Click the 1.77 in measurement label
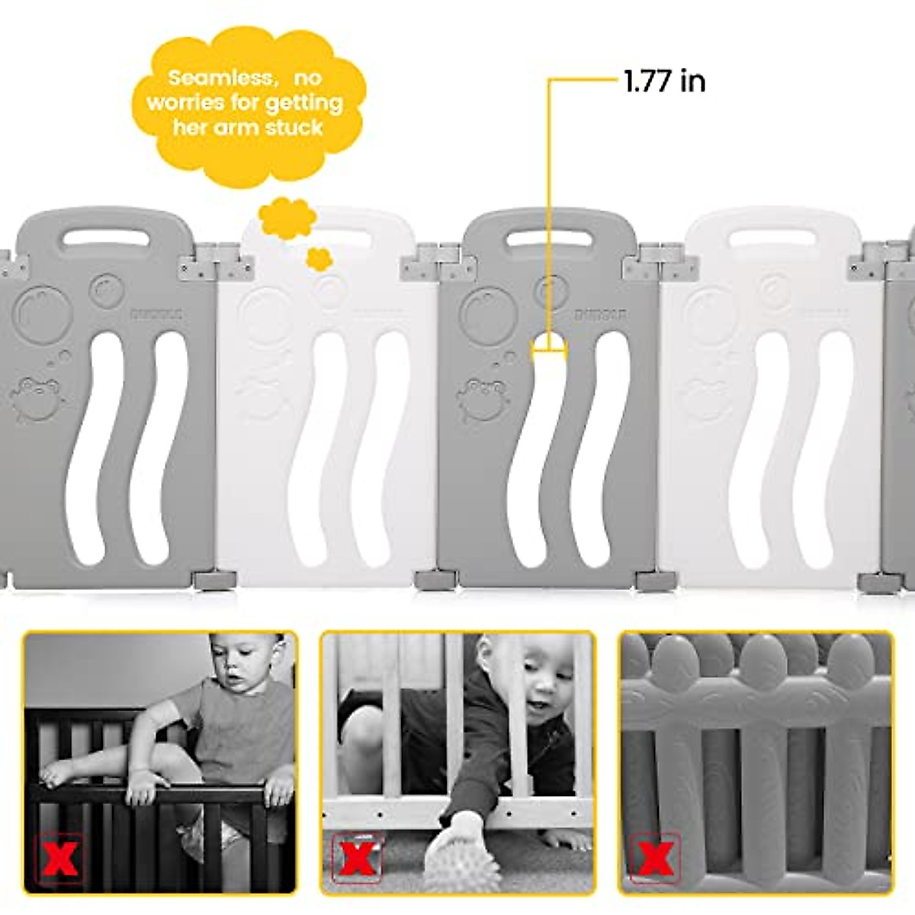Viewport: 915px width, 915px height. (664, 81)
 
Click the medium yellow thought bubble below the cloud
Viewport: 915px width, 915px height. (287, 217)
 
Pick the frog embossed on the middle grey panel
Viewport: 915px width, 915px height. (482, 399)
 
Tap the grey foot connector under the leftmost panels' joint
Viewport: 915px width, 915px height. (211, 580)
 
